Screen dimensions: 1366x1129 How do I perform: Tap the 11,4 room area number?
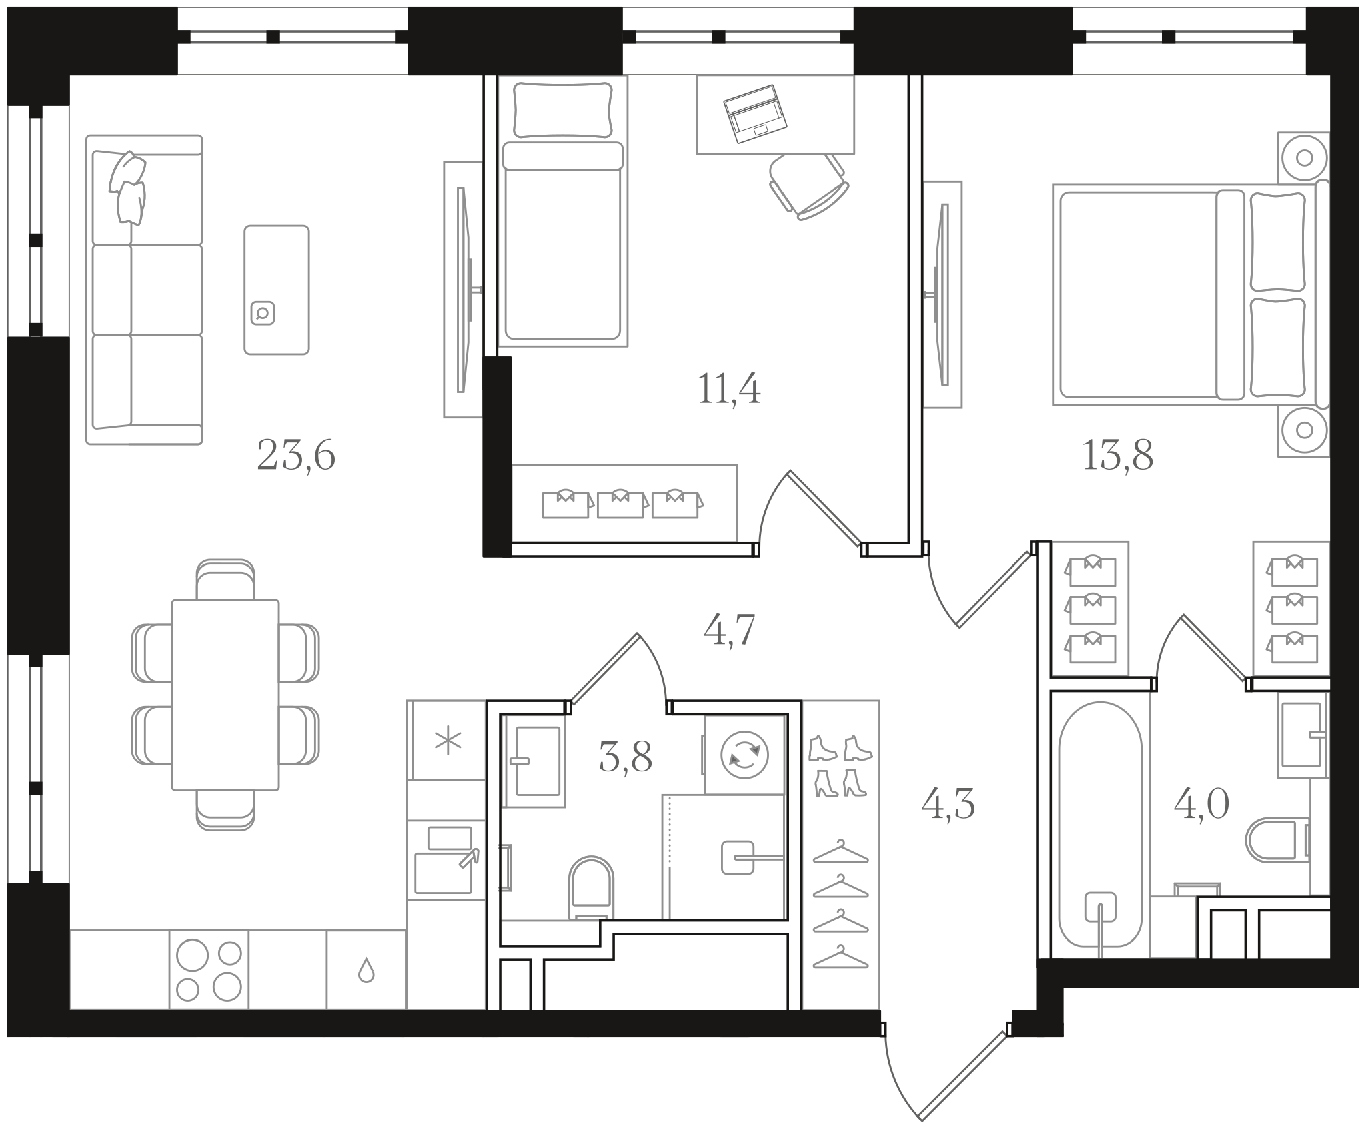728,389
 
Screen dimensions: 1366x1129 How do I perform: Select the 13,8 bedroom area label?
1117,456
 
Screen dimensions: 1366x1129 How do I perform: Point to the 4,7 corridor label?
729,630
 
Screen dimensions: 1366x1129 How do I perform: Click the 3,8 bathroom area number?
625,757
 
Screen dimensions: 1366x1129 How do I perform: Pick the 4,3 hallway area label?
948,804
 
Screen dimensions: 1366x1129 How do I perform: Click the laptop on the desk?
755,114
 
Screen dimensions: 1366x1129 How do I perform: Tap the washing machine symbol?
744,755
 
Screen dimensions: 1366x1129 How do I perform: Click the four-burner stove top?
209,970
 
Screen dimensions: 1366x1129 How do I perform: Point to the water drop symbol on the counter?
366,971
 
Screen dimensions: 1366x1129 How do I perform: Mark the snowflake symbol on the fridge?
448,742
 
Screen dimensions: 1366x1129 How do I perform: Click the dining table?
225,695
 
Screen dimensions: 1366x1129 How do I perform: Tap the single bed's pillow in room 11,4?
564,110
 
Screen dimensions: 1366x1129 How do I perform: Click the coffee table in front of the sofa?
277,290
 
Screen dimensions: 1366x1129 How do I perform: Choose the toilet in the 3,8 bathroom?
590,888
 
